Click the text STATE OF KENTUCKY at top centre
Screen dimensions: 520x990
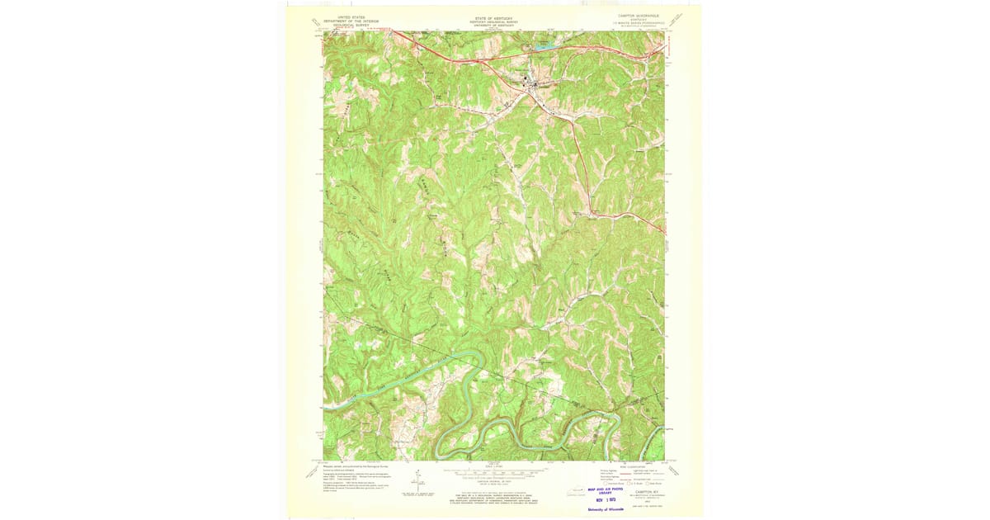[493, 16]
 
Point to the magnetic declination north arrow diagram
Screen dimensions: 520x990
[419, 480]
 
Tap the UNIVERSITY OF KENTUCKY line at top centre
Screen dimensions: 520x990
[493, 26]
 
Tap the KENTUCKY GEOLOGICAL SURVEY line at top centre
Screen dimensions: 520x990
[493, 21]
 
